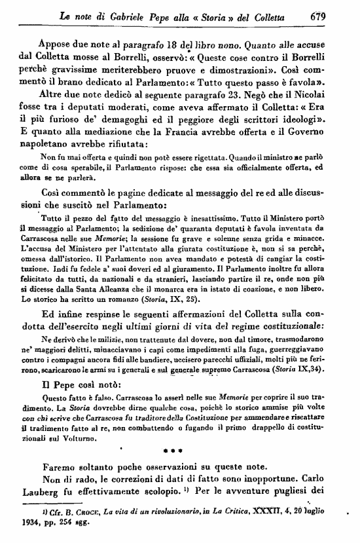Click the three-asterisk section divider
pyautogui.click(x=181, y=451)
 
